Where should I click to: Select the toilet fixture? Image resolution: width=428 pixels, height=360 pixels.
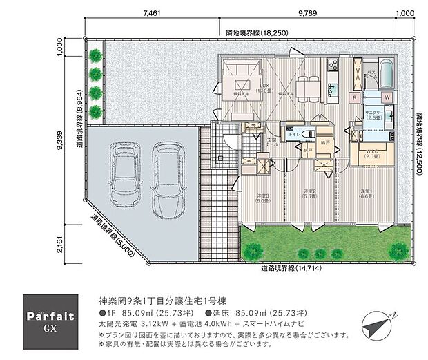(308, 133)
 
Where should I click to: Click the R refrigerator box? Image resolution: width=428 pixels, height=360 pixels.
(354, 97)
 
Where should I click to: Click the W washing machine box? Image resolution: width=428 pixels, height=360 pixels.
(387, 97)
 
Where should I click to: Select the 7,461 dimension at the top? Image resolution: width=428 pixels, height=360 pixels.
(153, 13)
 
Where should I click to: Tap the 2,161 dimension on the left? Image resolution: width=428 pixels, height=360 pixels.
(60, 245)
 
